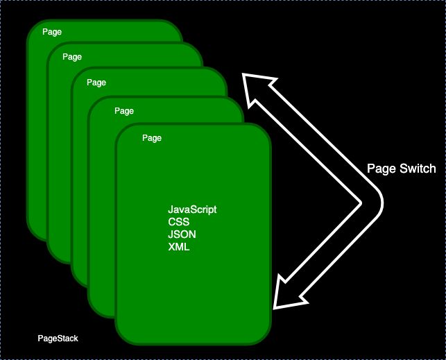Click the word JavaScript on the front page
pos(193,209)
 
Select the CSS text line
pos(179,222)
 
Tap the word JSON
pos(182,234)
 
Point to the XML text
pos(179,247)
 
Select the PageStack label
pos(58,338)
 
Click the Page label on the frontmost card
pos(152,138)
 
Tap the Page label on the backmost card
pos(51,32)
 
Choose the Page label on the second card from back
pos(71,55)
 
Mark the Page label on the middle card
pos(96,82)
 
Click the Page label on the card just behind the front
pos(124,110)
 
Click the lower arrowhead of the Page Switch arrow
pos(284,295)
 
